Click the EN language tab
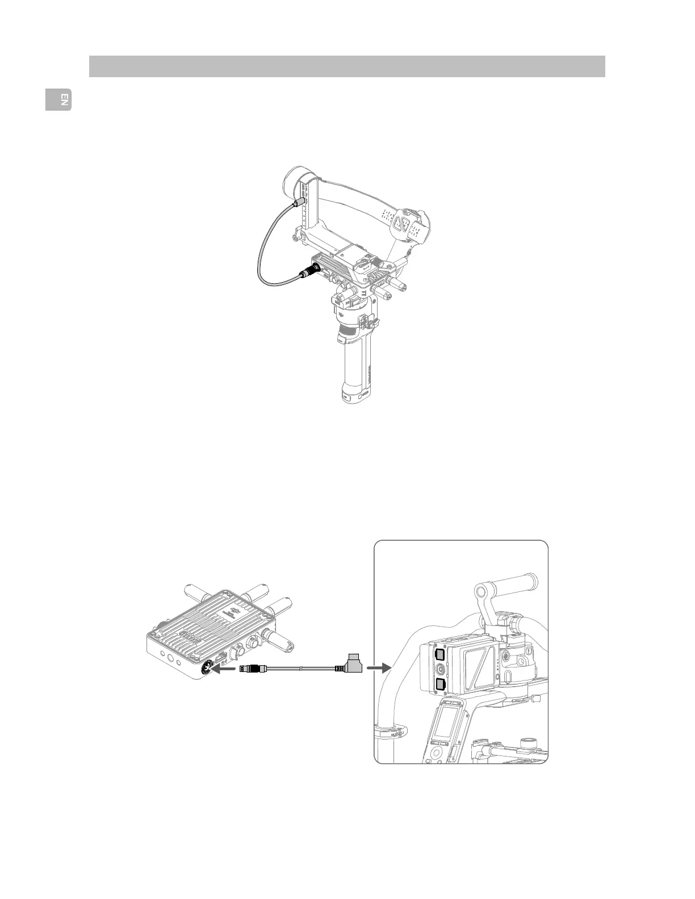(x=59, y=100)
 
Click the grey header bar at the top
(x=347, y=66)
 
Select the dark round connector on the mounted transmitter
(x=313, y=268)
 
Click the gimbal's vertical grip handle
(x=355, y=369)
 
